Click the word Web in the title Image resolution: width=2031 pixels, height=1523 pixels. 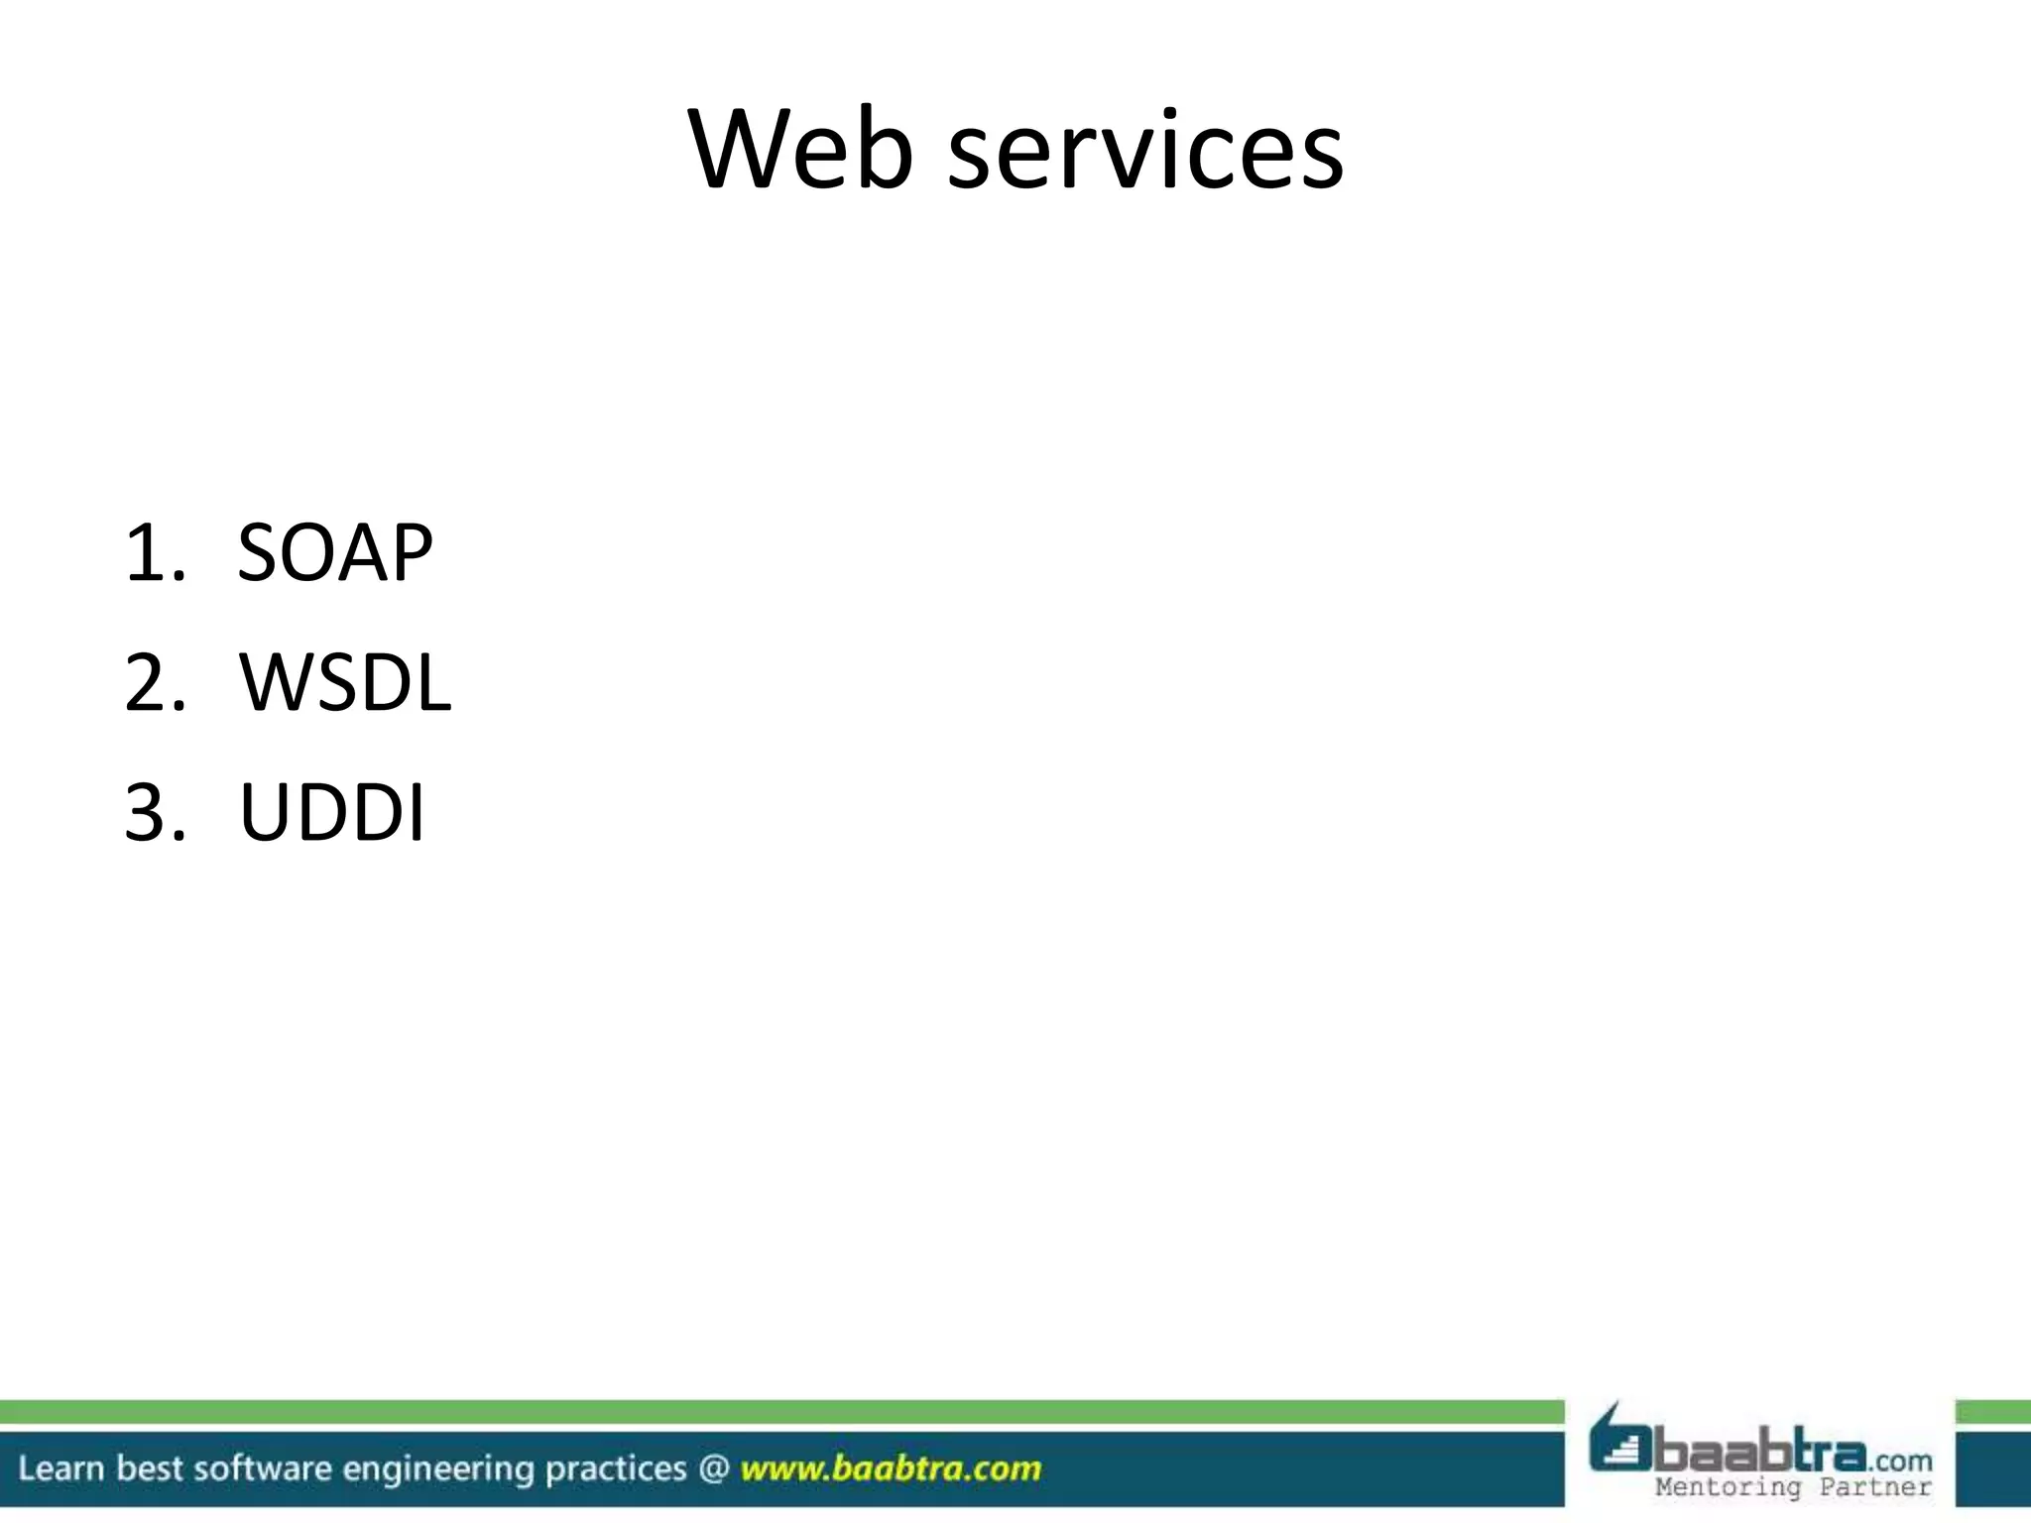tap(800, 151)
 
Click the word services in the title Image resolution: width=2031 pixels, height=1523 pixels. tap(1145, 151)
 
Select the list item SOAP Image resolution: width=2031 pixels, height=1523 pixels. tap(335, 552)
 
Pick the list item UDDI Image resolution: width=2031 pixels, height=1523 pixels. tap(332, 813)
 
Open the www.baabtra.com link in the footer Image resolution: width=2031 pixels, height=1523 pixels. tap(891, 1468)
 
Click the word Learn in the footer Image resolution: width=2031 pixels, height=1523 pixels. tap(60, 1468)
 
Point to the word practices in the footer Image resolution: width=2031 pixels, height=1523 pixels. tap(616, 1468)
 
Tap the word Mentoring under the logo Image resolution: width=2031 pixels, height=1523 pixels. tap(1727, 1487)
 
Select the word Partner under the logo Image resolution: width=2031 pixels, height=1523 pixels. tap(1875, 1487)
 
